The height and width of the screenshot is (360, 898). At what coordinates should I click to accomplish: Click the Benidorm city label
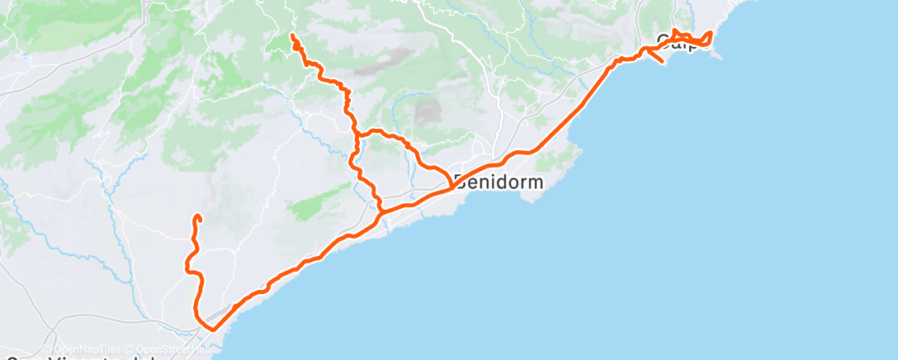point(499,182)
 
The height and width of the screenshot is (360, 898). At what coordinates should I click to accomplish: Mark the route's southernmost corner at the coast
point(212,329)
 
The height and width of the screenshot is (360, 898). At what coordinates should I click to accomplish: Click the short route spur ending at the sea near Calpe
point(662,62)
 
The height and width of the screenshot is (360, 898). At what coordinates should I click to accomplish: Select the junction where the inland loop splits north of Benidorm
point(357,135)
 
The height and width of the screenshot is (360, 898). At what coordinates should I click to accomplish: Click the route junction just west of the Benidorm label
point(450,187)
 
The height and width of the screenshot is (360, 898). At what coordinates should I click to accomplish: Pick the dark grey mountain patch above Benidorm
point(428,113)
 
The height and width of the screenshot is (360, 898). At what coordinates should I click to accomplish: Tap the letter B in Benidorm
point(460,182)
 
